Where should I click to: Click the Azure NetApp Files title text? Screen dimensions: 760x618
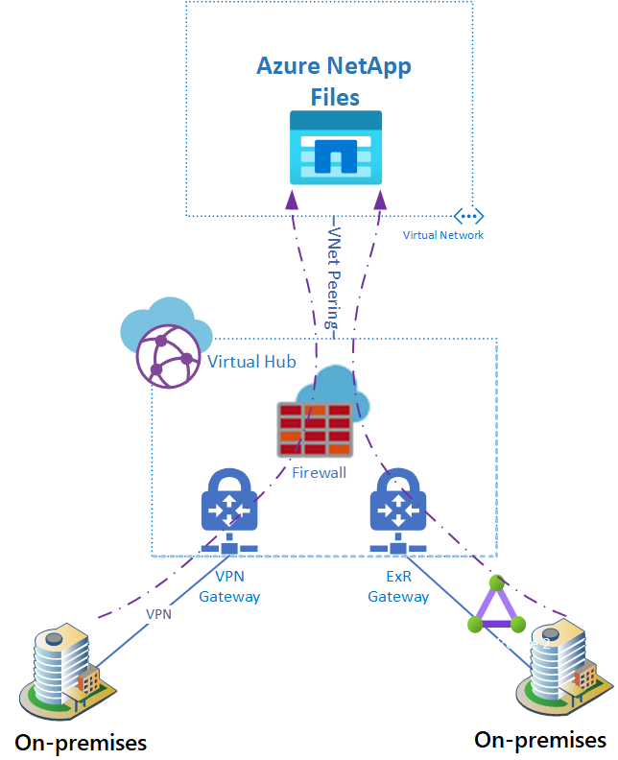click(x=335, y=82)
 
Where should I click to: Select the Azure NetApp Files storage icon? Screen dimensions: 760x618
click(x=336, y=148)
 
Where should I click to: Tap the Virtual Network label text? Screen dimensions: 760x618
click(x=443, y=235)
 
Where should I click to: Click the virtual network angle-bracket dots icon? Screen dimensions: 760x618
click(x=468, y=216)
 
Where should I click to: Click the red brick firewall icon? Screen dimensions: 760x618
click(x=313, y=429)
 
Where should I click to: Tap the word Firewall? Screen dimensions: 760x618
click(x=319, y=473)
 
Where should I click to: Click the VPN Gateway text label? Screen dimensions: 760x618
click(x=229, y=587)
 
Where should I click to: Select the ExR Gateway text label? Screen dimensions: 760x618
click(x=398, y=587)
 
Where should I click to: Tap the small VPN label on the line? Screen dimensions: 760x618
click(x=158, y=613)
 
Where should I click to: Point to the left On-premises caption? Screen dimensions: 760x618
click(x=81, y=742)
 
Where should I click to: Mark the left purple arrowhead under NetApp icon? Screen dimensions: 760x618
click(x=292, y=200)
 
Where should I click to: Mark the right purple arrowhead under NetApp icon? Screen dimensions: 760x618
click(x=380, y=200)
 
